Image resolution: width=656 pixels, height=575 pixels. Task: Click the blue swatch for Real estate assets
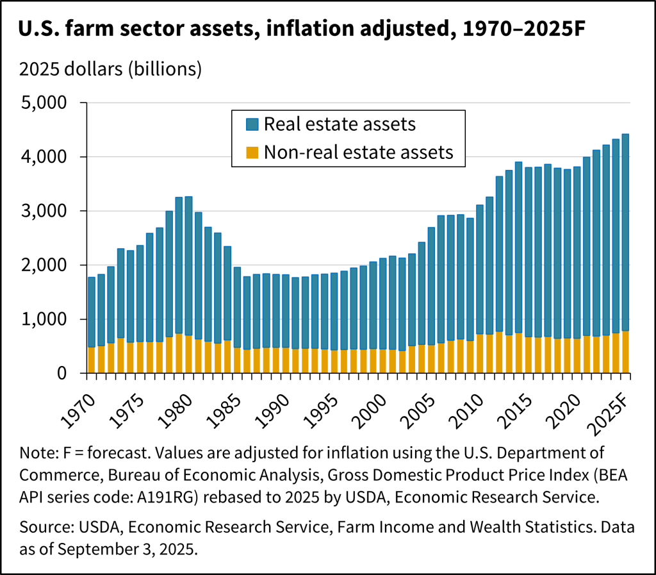(252, 124)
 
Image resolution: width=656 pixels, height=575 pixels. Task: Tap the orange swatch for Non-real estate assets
(252, 152)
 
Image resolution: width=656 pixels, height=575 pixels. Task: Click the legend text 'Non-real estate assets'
(359, 152)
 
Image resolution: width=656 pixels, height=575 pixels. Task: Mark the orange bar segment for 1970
(92, 360)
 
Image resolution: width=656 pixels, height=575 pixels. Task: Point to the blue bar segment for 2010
(479, 269)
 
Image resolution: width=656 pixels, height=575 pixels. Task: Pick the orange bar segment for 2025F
(625, 352)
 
